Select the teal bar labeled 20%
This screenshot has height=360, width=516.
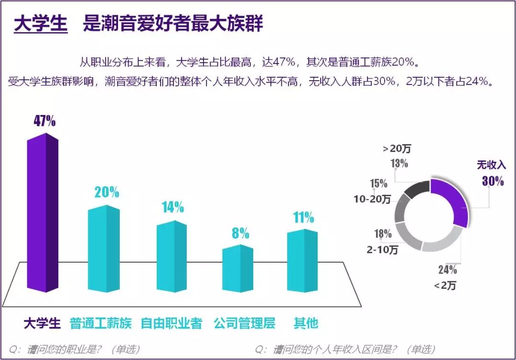[x=104, y=248]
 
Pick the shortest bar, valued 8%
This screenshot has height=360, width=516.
[x=237, y=268]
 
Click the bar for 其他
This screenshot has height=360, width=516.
[x=302, y=261]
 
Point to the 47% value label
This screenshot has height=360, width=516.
[x=44, y=121]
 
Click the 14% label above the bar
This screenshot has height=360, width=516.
[x=172, y=207]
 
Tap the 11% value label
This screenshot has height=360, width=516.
[x=302, y=217]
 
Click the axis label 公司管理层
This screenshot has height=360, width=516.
[x=244, y=323]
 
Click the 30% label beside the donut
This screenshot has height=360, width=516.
[x=492, y=181]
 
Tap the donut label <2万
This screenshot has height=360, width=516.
[x=445, y=286]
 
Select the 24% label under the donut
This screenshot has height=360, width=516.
[x=448, y=270]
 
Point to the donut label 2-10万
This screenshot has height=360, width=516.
[x=382, y=249]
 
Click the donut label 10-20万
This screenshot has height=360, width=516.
[x=372, y=199]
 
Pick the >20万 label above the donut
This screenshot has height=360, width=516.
[x=397, y=148]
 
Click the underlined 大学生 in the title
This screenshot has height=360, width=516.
[x=41, y=24]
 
